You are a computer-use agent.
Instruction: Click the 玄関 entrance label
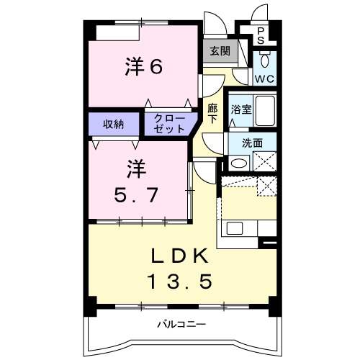click(x=220, y=51)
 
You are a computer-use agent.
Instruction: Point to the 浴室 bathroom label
click(x=240, y=110)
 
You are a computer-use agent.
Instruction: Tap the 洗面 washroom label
click(x=252, y=143)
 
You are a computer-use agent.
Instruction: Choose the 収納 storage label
click(x=112, y=123)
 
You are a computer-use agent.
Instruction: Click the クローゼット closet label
click(x=169, y=123)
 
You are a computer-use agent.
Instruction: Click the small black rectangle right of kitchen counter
click(x=269, y=245)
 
